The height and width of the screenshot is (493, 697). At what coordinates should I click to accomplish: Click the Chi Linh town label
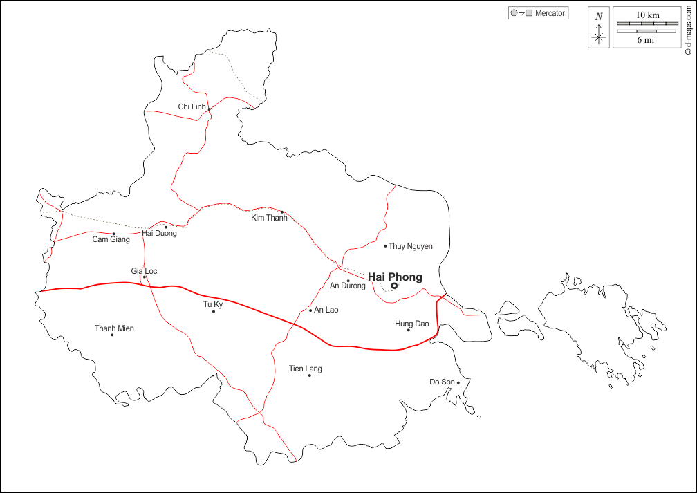pyautogui.click(x=192, y=106)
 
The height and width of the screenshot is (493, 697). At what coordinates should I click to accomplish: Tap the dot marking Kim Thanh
pyautogui.click(x=282, y=212)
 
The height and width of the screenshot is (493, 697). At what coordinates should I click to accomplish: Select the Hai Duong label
pyautogui.click(x=159, y=234)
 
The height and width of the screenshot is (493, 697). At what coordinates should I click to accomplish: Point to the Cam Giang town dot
pyautogui.click(x=114, y=234)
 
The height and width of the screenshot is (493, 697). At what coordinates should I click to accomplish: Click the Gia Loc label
pyautogui.click(x=144, y=271)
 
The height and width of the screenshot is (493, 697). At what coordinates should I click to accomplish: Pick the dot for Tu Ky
pyautogui.click(x=214, y=311)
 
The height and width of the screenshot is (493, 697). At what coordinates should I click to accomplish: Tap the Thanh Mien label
pyautogui.click(x=114, y=328)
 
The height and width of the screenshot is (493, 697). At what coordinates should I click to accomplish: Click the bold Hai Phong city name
pyautogui.click(x=395, y=277)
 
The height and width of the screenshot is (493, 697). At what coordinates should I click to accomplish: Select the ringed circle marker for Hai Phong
pyautogui.click(x=394, y=286)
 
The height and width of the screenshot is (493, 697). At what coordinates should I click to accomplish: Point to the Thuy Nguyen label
pyautogui.click(x=411, y=246)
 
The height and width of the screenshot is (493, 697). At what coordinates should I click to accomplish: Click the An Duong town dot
pyautogui.click(x=348, y=281)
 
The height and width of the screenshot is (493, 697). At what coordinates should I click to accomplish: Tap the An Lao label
pyautogui.click(x=326, y=310)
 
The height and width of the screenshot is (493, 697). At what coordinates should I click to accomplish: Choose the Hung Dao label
pyautogui.click(x=412, y=324)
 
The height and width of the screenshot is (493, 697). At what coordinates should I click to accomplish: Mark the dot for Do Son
pyautogui.click(x=458, y=382)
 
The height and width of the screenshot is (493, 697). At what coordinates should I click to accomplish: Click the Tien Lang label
pyautogui.click(x=306, y=369)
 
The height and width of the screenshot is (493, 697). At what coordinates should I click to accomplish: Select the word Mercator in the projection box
pyautogui.click(x=550, y=13)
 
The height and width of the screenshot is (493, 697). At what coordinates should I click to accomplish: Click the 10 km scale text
pyautogui.click(x=648, y=15)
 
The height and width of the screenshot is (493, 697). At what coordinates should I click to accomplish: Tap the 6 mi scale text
pyautogui.click(x=646, y=40)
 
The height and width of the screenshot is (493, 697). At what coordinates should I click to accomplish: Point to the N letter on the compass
pyautogui.click(x=599, y=17)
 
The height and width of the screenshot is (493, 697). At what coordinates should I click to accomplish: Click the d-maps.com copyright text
pyautogui.click(x=689, y=28)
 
